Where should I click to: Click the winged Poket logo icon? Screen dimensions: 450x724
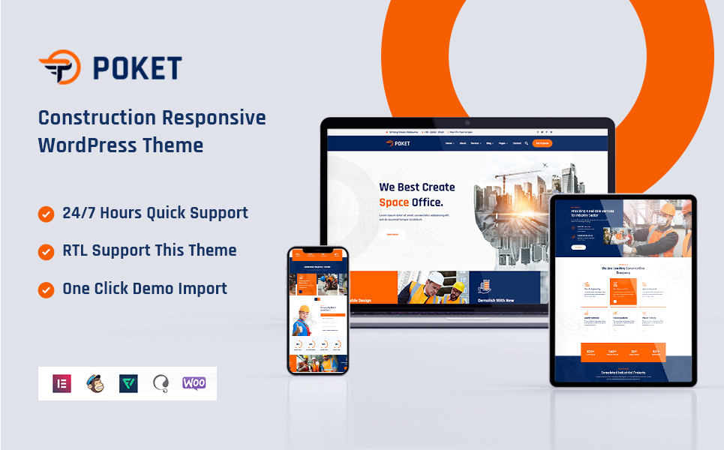[x=59, y=67]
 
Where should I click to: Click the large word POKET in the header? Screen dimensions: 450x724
[x=137, y=68]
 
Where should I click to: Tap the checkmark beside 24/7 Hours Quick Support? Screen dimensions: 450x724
[x=47, y=214]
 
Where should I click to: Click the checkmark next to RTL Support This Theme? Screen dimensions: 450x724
[x=47, y=251]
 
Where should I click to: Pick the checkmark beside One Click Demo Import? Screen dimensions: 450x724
[x=47, y=289]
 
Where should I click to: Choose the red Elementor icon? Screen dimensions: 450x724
[x=62, y=383]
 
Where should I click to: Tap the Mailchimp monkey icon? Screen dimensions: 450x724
[x=95, y=383]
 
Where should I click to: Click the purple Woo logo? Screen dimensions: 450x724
[x=194, y=383]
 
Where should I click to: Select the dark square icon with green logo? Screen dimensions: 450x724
[x=128, y=383]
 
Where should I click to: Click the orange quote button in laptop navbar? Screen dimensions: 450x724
[x=542, y=142]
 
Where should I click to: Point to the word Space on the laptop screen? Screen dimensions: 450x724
[x=394, y=202]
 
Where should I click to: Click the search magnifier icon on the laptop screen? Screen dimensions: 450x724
[x=526, y=142]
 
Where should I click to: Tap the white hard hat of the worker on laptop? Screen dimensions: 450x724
[x=436, y=278]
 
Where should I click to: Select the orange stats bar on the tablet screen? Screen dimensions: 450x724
[x=622, y=351]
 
